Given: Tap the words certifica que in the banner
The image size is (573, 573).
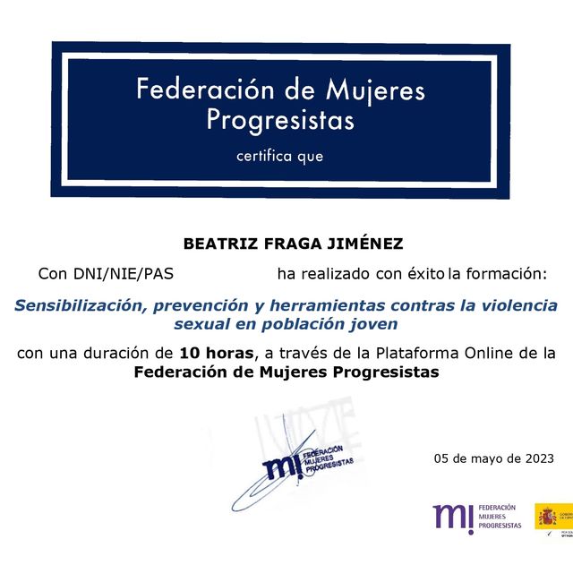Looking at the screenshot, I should [x=279, y=156].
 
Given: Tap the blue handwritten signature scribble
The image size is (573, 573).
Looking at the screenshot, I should [x=269, y=483].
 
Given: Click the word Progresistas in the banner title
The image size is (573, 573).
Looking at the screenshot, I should [x=280, y=119].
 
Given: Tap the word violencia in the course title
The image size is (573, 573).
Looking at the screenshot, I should [x=519, y=305].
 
